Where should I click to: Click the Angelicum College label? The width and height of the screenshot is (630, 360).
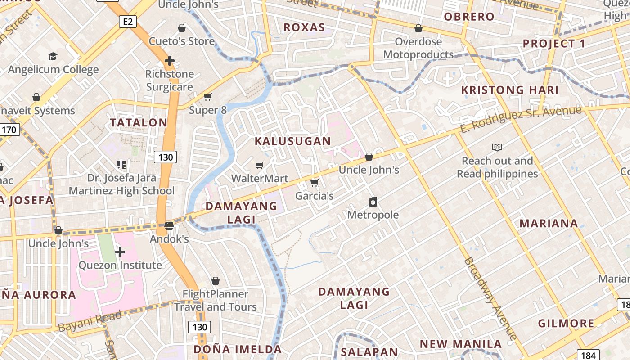click(53, 70)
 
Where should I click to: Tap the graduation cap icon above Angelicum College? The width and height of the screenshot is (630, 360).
click(53, 56)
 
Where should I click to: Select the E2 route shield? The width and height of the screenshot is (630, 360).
click(128, 21)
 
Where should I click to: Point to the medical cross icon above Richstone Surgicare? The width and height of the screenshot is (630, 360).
click(170, 61)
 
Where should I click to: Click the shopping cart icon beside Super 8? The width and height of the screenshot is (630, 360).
click(207, 97)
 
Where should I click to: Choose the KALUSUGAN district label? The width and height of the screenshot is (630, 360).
click(293, 141)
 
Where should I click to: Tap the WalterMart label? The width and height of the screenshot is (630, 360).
click(260, 179)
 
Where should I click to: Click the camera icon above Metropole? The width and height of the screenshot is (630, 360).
click(373, 201)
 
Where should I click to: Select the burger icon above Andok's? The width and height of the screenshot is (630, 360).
click(169, 225)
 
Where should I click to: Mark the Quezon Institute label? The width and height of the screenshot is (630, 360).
click(120, 265)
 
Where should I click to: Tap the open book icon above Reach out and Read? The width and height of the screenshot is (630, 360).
click(497, 147)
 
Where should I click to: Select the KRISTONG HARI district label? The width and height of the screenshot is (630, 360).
click(510, 90)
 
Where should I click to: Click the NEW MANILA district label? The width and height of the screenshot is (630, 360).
click(460, 344)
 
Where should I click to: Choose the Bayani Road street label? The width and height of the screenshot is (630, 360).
click(90, 321)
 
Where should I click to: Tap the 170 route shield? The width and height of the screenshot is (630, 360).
click(9, 130)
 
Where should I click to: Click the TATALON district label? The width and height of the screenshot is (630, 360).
click(139, 122)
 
